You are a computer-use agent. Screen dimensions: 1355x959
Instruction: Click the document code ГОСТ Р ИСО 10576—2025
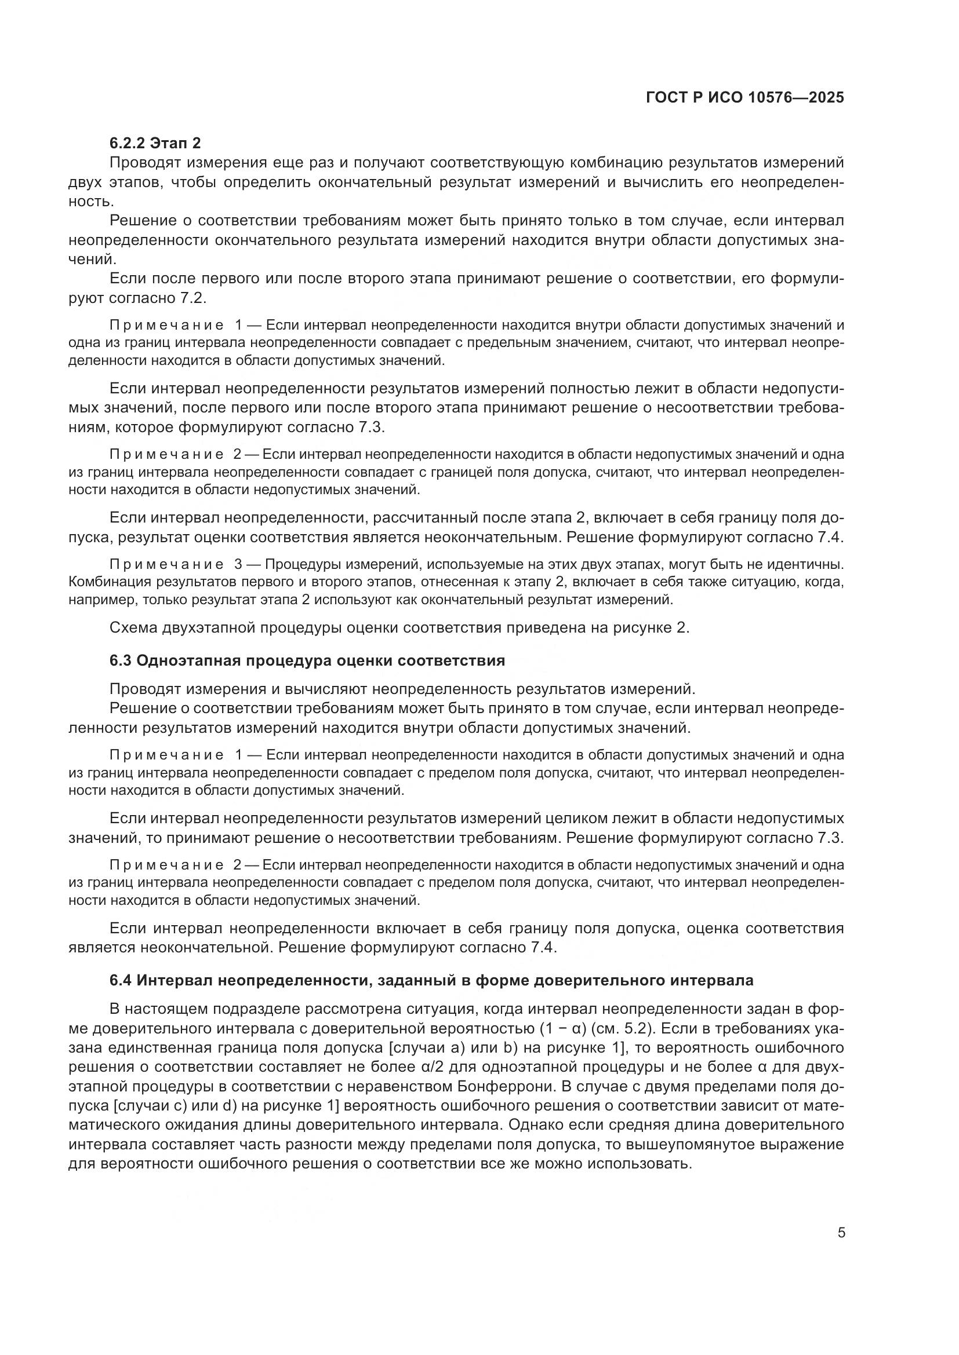[745, 97]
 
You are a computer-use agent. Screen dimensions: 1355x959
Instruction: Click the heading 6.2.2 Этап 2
[155, 143]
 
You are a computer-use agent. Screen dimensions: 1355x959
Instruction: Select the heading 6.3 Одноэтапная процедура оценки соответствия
[307, 660]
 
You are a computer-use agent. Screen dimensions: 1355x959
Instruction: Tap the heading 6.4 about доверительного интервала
[431, 980]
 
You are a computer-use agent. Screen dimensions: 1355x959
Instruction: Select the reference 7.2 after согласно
[192, 298]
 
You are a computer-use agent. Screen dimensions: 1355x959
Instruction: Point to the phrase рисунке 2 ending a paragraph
[656, 627]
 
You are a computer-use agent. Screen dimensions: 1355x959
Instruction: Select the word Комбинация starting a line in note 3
[110, 582]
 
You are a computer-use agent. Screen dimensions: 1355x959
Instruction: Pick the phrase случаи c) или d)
[171, 1106]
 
